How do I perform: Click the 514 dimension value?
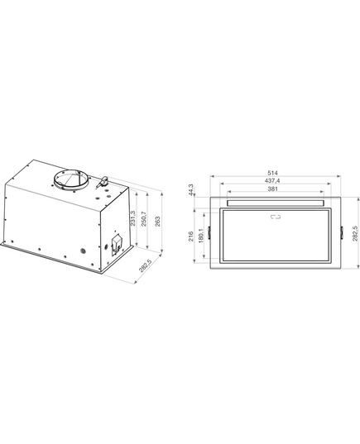(x=273, y=173)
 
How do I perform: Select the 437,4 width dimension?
(x=273, y=180)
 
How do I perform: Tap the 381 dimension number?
(x=273, y=189)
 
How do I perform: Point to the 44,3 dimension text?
(x=191, y=189)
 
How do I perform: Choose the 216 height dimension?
(x=191, y=236)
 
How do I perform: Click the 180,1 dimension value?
(x=201, y=236)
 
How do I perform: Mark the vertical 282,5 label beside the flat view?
(x=354, y=233)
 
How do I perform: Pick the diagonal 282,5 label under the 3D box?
(x=145, y=265)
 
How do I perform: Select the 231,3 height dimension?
(x=133, y=218)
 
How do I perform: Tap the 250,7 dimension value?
(x=144, y=218)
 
